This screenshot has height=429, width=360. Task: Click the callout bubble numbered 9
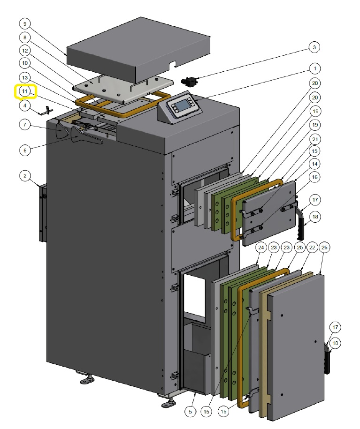(x=25, y=23)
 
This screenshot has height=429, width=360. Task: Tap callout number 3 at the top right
(x=314, y=47)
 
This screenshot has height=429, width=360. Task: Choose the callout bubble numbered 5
(x=190, y=412)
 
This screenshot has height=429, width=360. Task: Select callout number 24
(x=261, y=246)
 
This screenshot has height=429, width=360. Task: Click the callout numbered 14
(x=314, y=164)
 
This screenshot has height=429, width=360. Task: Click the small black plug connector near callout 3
(x=190, y=81)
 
